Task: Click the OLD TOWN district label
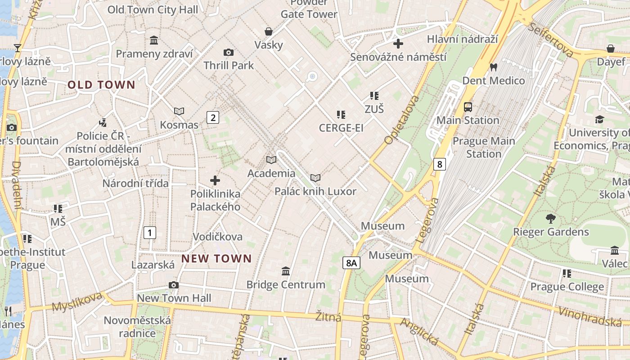click(x=101, y=85)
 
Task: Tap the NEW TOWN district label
click(x=216, y=259)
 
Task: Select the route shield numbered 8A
click(x=351, y=263)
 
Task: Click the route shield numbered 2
click(x=213, y=118)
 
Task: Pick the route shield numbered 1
click(x=149, y=233)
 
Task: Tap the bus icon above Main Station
click(x=468, y=107)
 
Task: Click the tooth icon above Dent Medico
click(x=494, y=67)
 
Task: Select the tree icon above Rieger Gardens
click(x=550, y=219)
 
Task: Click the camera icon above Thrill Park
click(x=229, y=52)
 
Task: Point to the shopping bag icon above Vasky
click(x=269, y=31)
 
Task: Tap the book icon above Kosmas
click(x=179, y=111)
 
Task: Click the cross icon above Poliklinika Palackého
click(x=215, y=180)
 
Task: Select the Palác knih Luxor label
click(x=315, y=192)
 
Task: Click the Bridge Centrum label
click(x=286, y=284)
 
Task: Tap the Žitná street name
click(x=328, y=317)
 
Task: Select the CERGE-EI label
click(x=341, y=128)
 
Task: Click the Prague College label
click(x=567, y=287)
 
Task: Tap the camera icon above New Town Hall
click(x=174, y=285)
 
